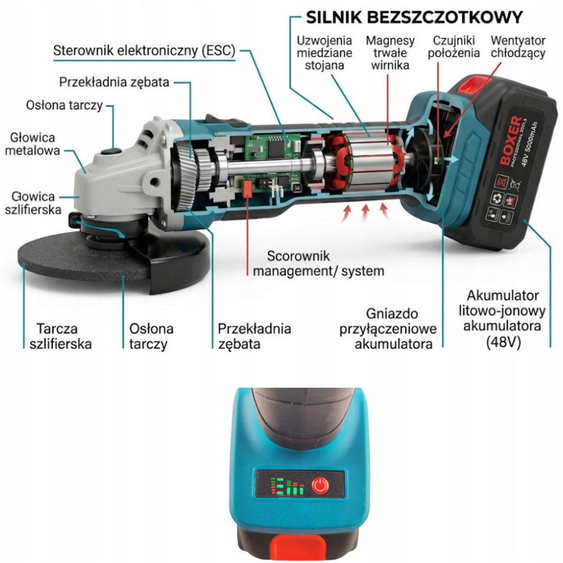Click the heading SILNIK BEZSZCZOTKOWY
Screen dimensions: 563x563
[x=414, y=17]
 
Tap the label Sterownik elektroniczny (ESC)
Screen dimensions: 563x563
[x=144, y=50]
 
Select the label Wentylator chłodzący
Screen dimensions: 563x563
[x=518, y=47]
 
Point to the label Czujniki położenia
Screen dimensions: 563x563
[x=453, y=47]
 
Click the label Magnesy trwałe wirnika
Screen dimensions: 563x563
[x=390, y=52]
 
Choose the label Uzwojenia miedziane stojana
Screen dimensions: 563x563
[x=324, y=52]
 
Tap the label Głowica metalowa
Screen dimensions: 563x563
[x=32, y=144]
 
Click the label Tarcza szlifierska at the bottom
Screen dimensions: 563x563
[x=60, y=336]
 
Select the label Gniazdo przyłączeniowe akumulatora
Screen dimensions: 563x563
[x=388, y=329]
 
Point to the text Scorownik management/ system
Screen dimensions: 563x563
[x=318, y=263]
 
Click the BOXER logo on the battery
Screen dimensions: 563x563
[x=511, y=141]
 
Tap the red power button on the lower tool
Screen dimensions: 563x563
[x=320, y=485]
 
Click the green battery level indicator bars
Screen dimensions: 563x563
[x=287, y=486]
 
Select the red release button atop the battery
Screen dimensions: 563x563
[x=473, y=85]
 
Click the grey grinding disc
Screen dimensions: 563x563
[x=83, y=258]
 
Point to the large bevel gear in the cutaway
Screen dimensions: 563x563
[x=184, y=175]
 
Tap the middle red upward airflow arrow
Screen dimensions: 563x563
[x=365, y=213]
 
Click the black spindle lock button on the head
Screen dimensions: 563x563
[x=111, y=151]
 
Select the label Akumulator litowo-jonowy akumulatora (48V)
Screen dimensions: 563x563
[x=502, y=319]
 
